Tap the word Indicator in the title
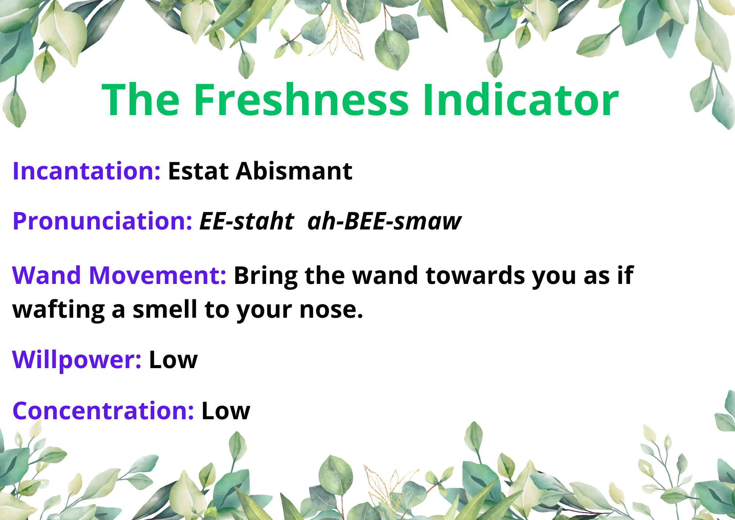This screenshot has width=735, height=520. [x=521, y=99]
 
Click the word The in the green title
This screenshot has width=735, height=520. [x=141, y=100]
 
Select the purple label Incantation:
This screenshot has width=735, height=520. [x=86, y=171]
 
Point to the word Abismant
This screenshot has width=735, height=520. [x=294, y=171]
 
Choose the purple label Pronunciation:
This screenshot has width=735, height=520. [x=102, y=221]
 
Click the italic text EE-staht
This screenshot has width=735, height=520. [x=247, y=221]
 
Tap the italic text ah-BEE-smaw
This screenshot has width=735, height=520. [x=384, y=221]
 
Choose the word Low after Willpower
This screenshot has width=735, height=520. [x=173, y=360]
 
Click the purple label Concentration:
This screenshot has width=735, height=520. [x=103, y=411]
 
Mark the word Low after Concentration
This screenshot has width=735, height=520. [x=226, y=411]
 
